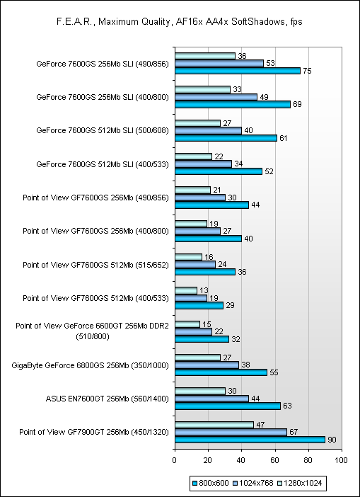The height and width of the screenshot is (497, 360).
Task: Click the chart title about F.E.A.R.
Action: pyautogui.click(x=180, y=22)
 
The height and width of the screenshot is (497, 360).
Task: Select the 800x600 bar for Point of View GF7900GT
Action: pyautogui.click(x=250, y=440)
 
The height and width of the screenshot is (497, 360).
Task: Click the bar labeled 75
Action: pyautogui.click(x=238, y=71)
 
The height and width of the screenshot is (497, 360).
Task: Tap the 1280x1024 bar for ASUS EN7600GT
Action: pyautogui.click(x=200, y=391)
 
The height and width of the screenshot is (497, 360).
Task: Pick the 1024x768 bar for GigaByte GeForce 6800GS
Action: pyautogui.click(x=207, y=365)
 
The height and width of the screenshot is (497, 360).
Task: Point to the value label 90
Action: pyautogui.click(x=332, y=440)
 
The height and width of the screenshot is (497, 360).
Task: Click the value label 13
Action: pyautogui.click(x=204, y=291)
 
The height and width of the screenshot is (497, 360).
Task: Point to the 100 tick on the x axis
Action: pyautogui.click(x=342, y=460)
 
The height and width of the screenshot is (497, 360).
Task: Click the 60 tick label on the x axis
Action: pyautogui.click(x=275, y=460)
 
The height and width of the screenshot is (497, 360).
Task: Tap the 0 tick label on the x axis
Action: pyautogui.click(x=175, y=460)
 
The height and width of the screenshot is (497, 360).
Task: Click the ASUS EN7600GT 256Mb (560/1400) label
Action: pyautogui.click(x=107, y=399)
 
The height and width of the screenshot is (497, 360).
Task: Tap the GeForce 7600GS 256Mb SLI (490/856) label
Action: pyautogui.click(x=103, y=64)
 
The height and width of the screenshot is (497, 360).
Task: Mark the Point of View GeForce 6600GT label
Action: pyautogui.click(x=93, y=331)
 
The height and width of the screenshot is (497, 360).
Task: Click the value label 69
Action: pyautogui.click(x=298, y=105)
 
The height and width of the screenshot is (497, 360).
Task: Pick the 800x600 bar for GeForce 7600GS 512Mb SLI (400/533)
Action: pyautogui.click(x=219, y=171)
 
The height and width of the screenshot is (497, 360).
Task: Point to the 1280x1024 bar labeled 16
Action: pyautogui.click(x=188, y=257)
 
